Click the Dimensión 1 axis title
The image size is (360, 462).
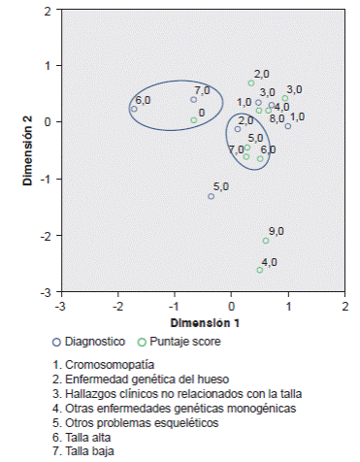coord(202,321)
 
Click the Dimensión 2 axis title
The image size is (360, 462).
coord(29,150)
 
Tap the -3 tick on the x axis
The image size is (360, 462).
coord(60,305)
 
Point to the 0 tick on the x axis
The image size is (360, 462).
coord(231,305)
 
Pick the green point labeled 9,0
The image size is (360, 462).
coord(266,241)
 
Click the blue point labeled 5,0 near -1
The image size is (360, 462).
coord(211,196)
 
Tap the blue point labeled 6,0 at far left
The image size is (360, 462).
coord(134,110)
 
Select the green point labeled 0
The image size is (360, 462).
coord(194,120)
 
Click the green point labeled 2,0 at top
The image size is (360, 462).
coord(251,83)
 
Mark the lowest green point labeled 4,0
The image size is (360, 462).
coord(260,270)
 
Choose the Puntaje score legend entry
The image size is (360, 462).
coord(177,342)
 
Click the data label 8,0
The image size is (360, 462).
coord(278,118)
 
